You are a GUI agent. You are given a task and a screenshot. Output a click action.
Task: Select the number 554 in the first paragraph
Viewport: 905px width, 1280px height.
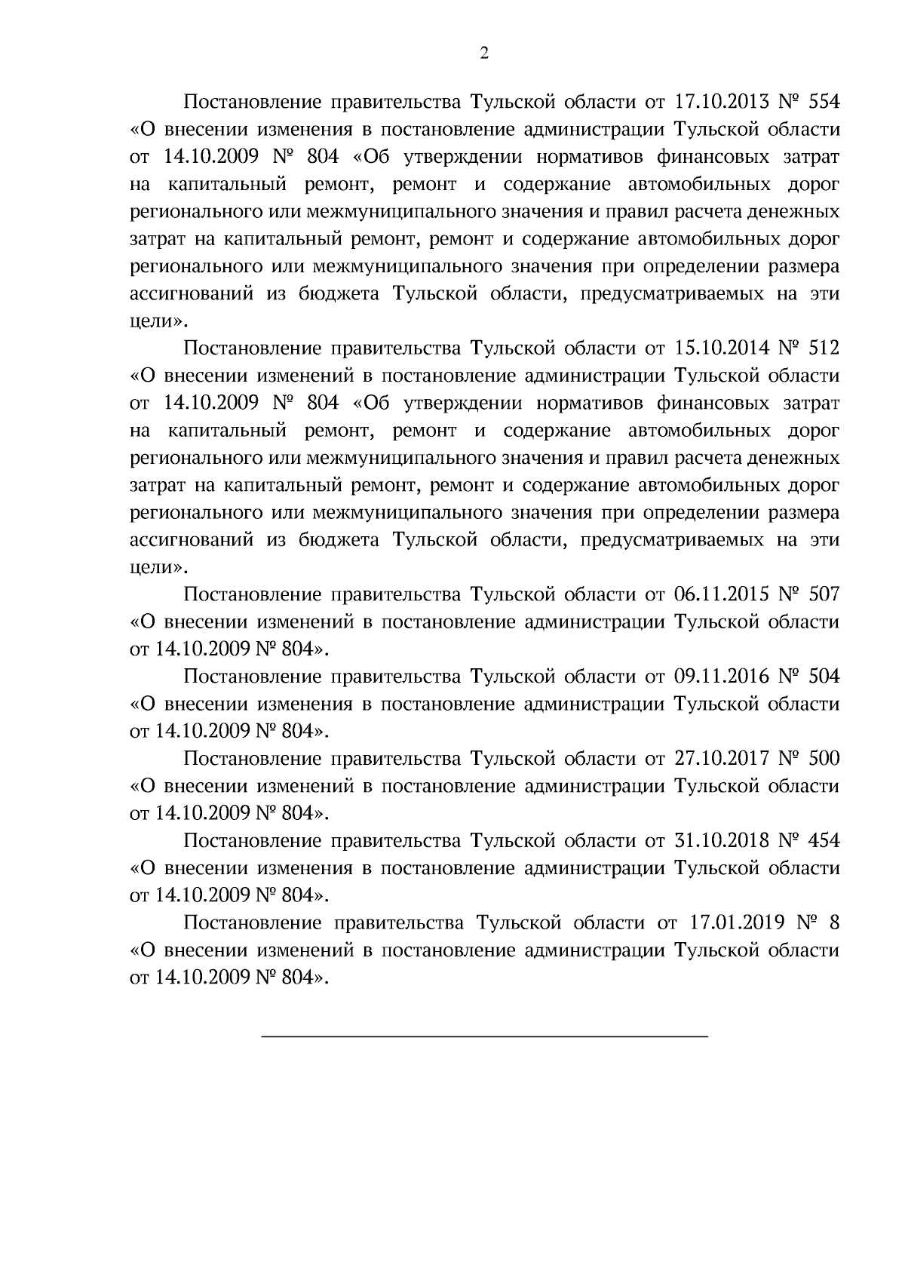tap(823, 101)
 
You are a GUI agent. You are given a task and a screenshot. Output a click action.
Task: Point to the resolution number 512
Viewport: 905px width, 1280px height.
tap(823, 348)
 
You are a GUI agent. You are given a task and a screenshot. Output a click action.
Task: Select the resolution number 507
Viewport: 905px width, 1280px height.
tap(823, 594)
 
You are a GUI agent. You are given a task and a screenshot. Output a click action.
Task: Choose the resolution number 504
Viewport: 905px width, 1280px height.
tap(823, 677)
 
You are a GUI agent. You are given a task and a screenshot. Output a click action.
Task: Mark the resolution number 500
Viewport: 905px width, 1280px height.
tap(823, 759)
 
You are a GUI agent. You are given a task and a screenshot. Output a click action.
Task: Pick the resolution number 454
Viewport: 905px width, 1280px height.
tap(823, 841)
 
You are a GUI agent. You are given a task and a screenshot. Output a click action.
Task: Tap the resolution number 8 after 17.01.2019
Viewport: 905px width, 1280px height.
tap(833, 923)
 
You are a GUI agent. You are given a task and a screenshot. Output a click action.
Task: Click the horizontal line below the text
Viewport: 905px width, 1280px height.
tap(484, 1038)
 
